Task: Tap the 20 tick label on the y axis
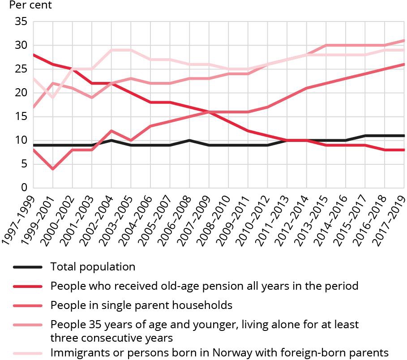21,93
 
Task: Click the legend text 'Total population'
93,267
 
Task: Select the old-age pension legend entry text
204,286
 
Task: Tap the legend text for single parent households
141,305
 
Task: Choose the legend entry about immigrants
219,352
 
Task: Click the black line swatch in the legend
28,267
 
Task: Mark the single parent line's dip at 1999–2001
53,169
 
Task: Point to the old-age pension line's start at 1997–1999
34,55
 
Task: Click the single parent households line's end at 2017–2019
404,64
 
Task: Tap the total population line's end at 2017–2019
404,136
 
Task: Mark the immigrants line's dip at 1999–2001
53,98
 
